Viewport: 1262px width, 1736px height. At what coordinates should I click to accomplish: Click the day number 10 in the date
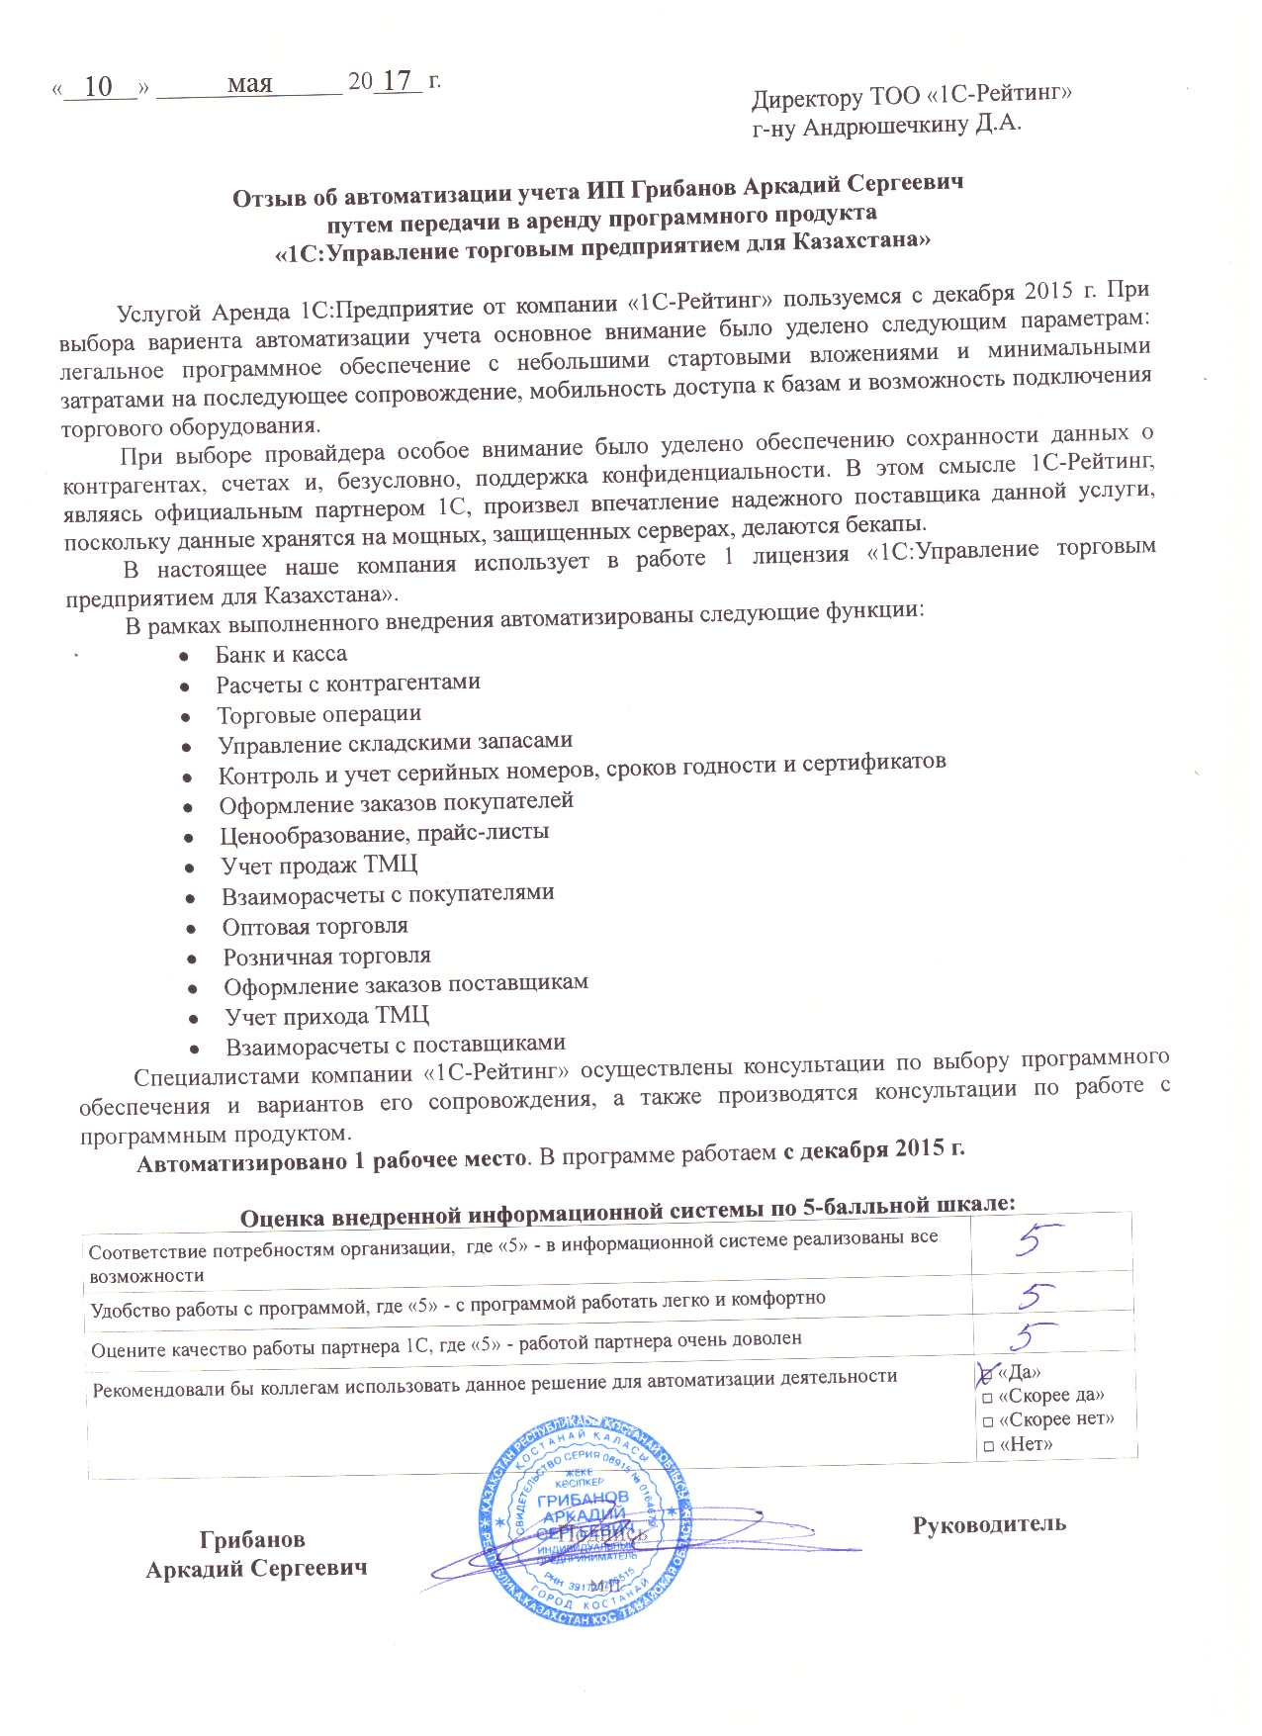(x=98, y=87)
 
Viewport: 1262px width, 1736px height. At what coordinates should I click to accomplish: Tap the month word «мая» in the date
(x=249, y=83)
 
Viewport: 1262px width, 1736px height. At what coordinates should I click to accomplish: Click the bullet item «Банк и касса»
(x=281, y=655)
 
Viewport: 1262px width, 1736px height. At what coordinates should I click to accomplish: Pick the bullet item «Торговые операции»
(x=318, y=714)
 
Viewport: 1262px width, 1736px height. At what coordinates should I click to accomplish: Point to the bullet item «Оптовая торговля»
(x=315, y=927)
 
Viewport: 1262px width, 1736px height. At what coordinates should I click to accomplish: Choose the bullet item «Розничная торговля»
(x=326, y=957)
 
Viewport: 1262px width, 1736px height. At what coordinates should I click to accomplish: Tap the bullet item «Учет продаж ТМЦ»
(x=318, y=866)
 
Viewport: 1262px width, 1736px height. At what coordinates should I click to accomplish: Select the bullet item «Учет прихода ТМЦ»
(x=326, y=1016)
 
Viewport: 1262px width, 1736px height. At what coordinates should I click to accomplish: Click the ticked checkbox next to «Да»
(x=986, y=1373)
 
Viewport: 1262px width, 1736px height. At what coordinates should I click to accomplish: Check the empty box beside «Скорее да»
(x=987, y=1398)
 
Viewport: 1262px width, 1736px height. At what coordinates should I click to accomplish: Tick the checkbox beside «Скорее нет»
(x=987, y=1421)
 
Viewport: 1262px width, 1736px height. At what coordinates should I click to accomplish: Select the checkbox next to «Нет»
(x=987, y=1446)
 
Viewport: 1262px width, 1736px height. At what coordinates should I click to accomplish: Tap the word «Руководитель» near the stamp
(x=989, y=1523)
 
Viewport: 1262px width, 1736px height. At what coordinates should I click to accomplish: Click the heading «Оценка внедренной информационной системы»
(x=627, y=1210)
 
